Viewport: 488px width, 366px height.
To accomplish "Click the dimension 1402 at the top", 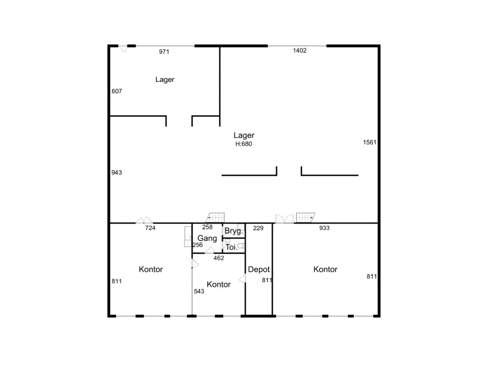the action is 299,50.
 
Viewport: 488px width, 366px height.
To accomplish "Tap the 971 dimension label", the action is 164,51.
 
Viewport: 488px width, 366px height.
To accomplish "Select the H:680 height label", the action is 244,144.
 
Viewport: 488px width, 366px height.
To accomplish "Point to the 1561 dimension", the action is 369,142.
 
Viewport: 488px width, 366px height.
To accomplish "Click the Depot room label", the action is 259,269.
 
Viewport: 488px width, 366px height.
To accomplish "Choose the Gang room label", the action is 207,238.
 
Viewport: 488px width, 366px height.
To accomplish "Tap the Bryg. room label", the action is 234,231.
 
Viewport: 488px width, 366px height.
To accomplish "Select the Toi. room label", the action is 231,247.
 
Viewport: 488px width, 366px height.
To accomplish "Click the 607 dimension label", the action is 117,91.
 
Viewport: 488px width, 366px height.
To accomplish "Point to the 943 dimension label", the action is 117,172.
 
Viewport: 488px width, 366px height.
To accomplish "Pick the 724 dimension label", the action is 150,228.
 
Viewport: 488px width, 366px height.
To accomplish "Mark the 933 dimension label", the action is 324,228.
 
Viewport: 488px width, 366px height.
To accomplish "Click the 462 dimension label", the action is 219,258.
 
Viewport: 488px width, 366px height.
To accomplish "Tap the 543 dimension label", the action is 199,291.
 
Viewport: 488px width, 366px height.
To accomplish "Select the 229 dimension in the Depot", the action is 258,228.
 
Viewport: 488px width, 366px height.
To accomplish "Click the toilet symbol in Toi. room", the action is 241,246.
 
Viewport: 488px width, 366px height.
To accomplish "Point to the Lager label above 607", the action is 165,80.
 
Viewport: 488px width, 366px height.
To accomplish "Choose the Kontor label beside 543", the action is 218,284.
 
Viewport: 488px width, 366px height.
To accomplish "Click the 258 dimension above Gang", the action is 207,227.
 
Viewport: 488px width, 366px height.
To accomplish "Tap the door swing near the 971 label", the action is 123,49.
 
